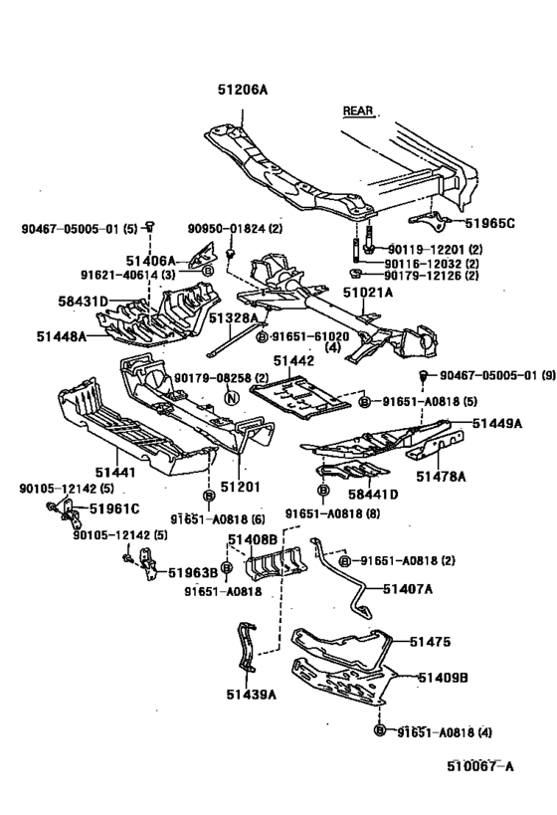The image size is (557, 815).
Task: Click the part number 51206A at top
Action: [243, 90]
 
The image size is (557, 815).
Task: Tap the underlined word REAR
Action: [357, 110]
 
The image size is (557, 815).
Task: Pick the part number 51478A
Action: [441, 477]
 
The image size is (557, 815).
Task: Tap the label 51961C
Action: [113, 509]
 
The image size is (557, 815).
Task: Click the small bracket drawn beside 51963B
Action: [147, 568]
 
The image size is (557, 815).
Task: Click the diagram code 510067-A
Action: [480, 766]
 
